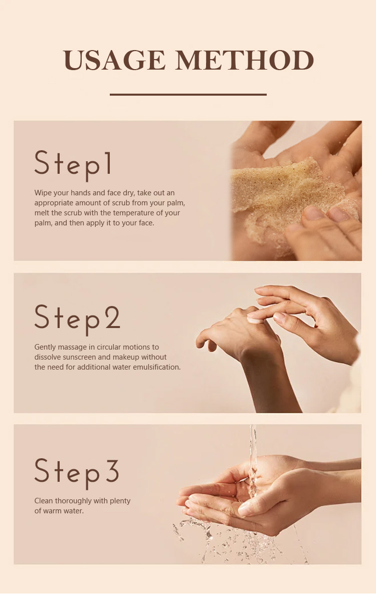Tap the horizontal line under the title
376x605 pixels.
(188, 95)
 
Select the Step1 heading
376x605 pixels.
(73, 166)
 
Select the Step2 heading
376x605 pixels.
(77, 320)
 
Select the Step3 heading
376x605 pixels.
(77, 474)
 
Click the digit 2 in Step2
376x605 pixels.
(113, 317)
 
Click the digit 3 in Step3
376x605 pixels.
(112, 471)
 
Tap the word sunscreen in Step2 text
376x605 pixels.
(79, 357)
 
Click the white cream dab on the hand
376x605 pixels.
(255, 321)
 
